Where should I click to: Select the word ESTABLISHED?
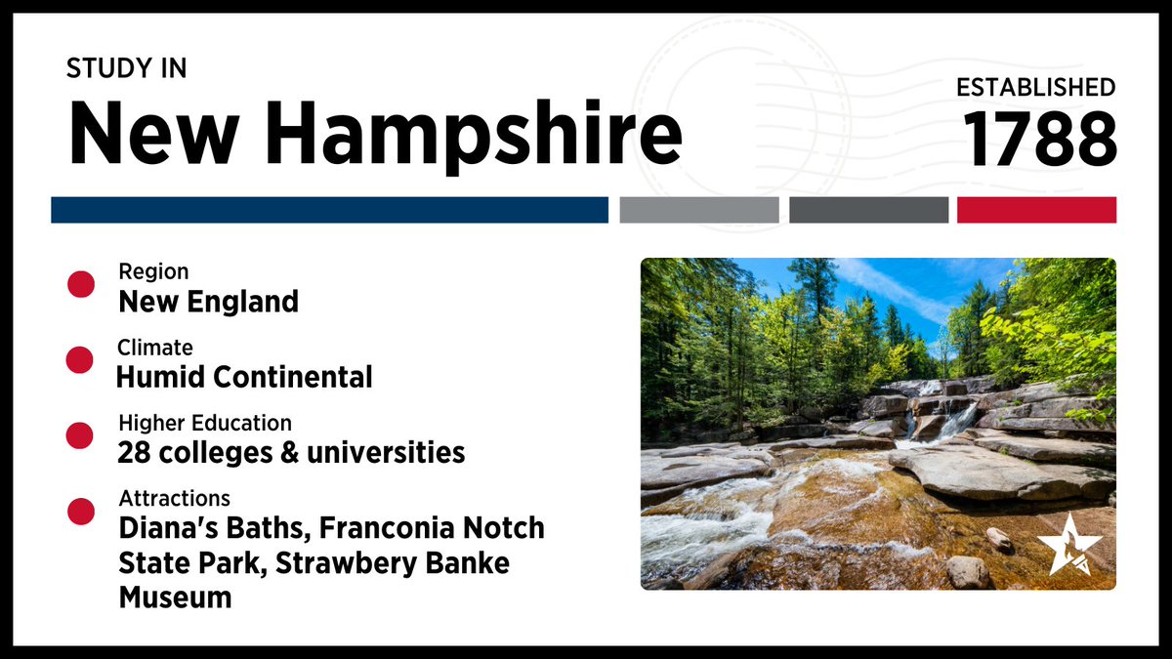pyautogui.click(x=1035, y=87)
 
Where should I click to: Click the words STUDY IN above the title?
pyautogui.click(x=126, y=68)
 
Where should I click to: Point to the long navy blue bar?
pyautogui.click(x=329, y=210)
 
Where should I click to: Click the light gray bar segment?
pyautogui.click(x=698, y=210)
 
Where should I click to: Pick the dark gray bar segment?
pyautogui.click(x=868, y=210)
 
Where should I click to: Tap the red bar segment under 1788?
pyautogui.click(x=1036, y=210)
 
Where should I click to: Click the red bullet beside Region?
pyautogui.click(x=80, y=284)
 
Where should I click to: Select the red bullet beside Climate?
pyautogui.click(x=80, y=360)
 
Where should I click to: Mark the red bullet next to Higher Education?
pyautogui.click(x=80, y=436)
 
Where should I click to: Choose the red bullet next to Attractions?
pyautogui.click(x=80, y=512)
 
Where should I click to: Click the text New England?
pyautogui.click(x=208, y=302)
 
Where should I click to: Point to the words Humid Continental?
pyautogui.click(x=244, y=377)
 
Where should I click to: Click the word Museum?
pyautogui.click(x=176, y=597)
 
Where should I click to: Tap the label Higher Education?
pyautogui.click(x=205, y=424)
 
